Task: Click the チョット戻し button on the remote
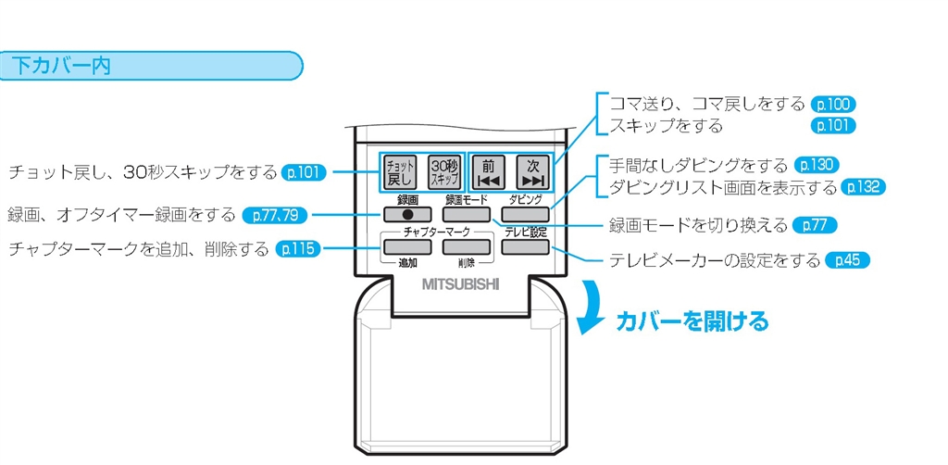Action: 401,173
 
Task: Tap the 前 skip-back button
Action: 488,173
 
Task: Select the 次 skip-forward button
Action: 532,173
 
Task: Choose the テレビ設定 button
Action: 524,247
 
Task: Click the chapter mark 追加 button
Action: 404,247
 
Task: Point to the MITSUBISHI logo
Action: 460,283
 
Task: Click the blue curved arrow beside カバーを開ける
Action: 590,307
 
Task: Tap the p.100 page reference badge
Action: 832,105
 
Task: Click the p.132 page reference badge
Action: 863,187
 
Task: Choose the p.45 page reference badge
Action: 847,260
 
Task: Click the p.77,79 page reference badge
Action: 275,215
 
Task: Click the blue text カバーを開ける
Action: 692,321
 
